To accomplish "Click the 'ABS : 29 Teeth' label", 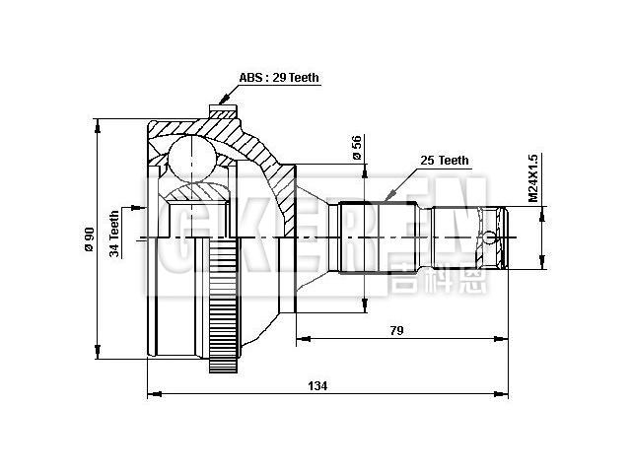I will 279,78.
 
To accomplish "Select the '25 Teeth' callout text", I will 445,160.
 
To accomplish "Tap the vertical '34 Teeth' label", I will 115,233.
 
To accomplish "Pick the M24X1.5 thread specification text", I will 532,177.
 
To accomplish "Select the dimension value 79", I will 396,330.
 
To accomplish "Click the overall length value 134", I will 317,385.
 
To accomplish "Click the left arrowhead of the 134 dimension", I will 151,395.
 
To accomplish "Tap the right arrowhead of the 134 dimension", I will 504,395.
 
